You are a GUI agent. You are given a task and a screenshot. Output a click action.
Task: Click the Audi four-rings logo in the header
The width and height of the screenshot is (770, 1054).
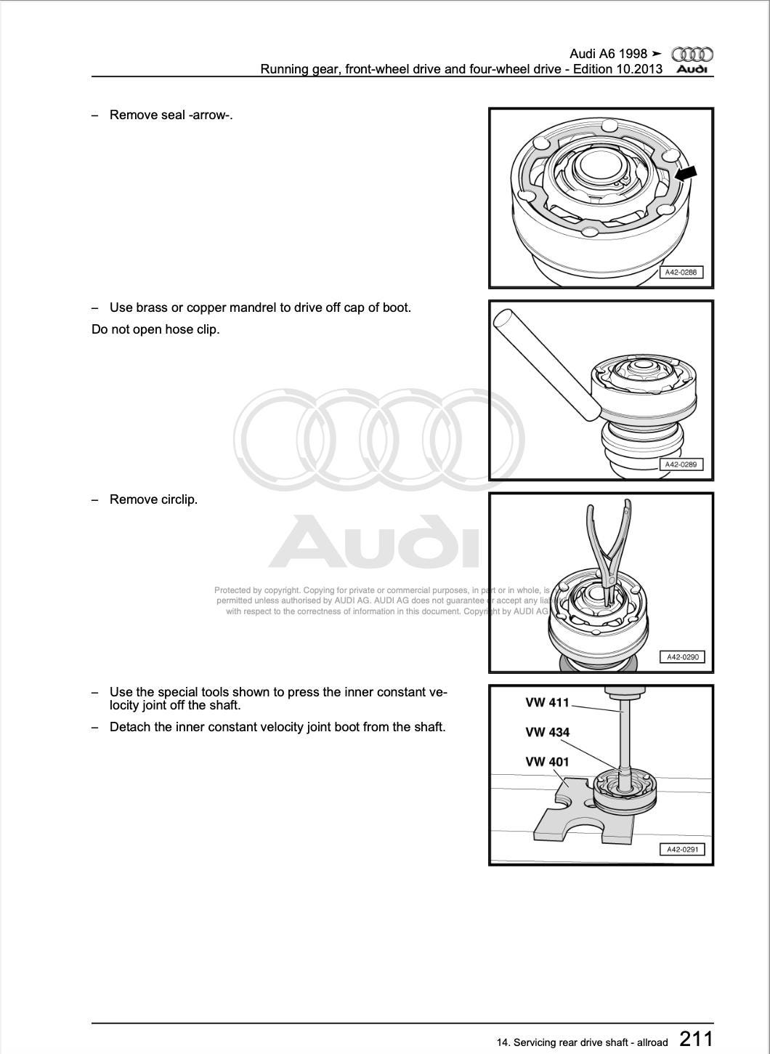(692, 55)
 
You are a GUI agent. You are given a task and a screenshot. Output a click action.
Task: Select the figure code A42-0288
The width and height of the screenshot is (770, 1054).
(681, 273)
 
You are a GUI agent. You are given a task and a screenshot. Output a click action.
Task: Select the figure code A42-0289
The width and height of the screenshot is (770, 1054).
(681, 464)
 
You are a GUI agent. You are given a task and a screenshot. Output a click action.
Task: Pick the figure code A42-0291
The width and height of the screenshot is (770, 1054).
(681, 849)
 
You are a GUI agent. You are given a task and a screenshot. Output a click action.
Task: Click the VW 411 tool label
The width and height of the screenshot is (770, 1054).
(547, 703)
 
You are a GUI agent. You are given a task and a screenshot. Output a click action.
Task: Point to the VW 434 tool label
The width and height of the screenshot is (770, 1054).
(547, 733)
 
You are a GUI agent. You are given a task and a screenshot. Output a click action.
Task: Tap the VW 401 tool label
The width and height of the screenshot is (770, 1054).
(547, 762)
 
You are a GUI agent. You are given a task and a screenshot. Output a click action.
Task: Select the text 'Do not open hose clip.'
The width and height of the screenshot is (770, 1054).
(155, 329)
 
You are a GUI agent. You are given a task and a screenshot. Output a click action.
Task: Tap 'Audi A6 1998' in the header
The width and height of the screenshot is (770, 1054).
(608, 55)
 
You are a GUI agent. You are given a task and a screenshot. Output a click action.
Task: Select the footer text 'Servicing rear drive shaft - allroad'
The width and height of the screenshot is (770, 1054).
(590, 1042)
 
